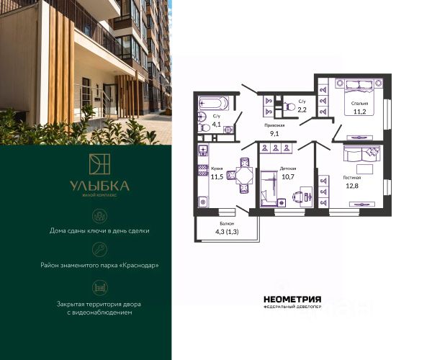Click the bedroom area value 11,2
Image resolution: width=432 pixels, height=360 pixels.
pos(359,112)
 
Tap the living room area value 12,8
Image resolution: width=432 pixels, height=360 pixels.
pos(352,186)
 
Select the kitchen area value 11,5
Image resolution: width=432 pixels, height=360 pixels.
pos(217,177)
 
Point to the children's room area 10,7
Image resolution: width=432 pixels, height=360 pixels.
pos(288,176)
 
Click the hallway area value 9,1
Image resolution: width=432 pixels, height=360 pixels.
pos(274,134)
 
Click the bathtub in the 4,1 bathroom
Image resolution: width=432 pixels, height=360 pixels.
pos(214,104)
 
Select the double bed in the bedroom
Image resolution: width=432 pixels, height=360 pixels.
pos(359,97)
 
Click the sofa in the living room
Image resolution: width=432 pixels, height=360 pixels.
pos(361,153)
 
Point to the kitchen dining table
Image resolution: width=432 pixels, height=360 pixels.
pos(245,176)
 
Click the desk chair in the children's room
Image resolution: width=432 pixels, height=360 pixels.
pos(298,197)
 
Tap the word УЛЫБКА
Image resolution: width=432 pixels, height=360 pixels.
pos(99,186)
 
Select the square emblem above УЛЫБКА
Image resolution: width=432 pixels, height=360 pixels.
pos(99,164)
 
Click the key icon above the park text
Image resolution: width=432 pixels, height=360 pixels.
pos(99,250)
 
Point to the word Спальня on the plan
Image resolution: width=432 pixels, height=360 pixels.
pos(359,104)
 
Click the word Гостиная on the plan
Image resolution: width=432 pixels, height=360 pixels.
pos(352,178)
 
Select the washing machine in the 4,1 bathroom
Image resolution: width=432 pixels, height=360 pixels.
pos(228,130)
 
